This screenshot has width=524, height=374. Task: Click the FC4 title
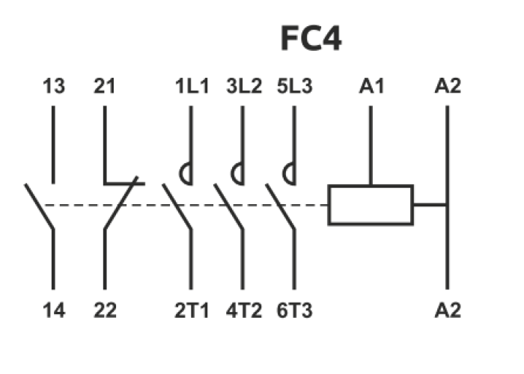[x=311, y=39]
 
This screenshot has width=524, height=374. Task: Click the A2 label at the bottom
[x=448, y=310]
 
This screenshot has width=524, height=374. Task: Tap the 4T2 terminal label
[x=243, y=310]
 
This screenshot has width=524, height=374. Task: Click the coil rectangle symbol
[x=371, y=204]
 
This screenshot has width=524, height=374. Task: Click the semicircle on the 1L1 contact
[x=186, y=175]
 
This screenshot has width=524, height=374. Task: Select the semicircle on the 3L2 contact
[x=237, y=175]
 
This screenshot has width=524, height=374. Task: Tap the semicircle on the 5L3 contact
[x=289, y=175]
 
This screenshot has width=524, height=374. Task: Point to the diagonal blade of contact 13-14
[x=40, y=206]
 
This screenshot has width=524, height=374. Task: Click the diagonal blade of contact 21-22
[x=121, y=203]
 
